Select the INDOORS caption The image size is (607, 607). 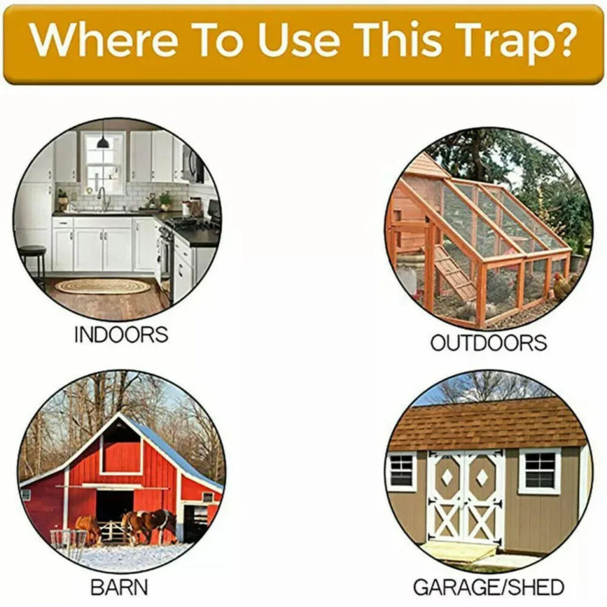(x=121, y=334)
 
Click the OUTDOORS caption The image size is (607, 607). (x=488, y=343)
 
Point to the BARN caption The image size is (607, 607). (x=119, y=587)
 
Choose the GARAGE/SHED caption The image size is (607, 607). (x=488, y=587)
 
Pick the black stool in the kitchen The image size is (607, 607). (x=33, y=261)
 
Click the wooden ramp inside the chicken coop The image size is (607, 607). (x=456, y=273)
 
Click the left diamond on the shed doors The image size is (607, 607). (x=446, y=477)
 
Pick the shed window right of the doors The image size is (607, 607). (x=539, y=471)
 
